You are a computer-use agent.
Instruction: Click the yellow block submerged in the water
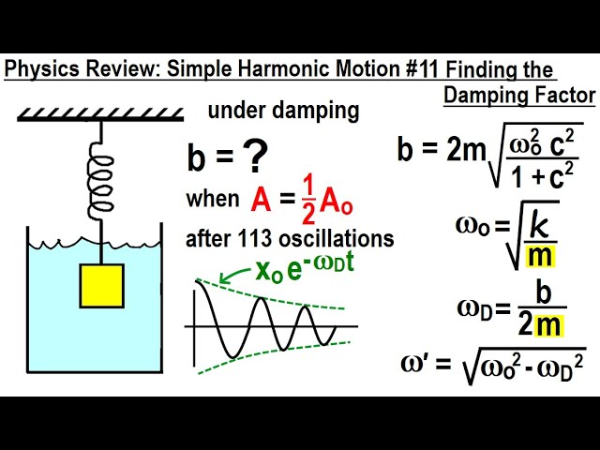click(x=101, y=285)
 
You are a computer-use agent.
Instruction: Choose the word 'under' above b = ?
click(x=232, y=111)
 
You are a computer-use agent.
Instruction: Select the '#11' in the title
click(x=418, y=69)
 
